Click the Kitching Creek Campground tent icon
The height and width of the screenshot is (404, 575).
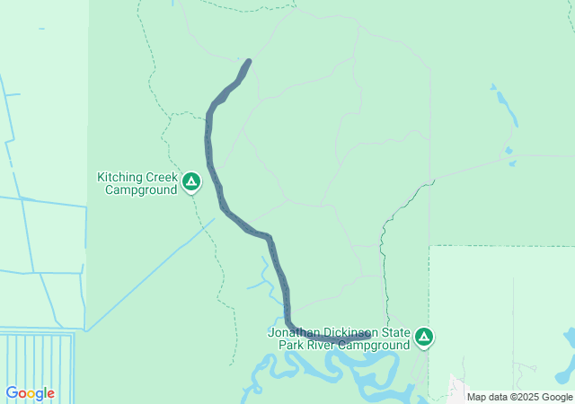(190, 182)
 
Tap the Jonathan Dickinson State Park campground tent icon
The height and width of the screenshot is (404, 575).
(424, 338)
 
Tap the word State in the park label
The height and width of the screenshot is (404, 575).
(394, 332)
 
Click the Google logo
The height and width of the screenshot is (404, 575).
(30, 393)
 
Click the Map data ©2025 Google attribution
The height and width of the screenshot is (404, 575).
(519, 397)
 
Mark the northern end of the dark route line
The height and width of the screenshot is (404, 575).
(248, 61)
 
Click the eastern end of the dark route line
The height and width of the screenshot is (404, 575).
(368, 337)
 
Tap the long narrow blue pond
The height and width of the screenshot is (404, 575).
(505, 106)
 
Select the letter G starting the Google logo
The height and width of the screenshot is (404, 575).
(12, 393)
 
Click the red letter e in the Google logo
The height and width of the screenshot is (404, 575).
(50, 394)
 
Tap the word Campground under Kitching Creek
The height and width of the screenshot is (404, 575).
(139, 189)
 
